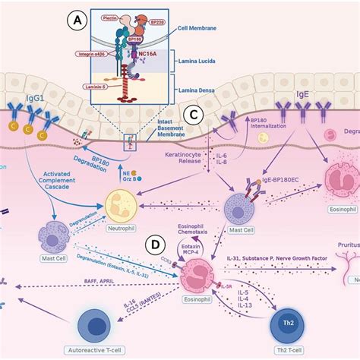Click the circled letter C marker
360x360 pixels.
click(194, 115)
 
